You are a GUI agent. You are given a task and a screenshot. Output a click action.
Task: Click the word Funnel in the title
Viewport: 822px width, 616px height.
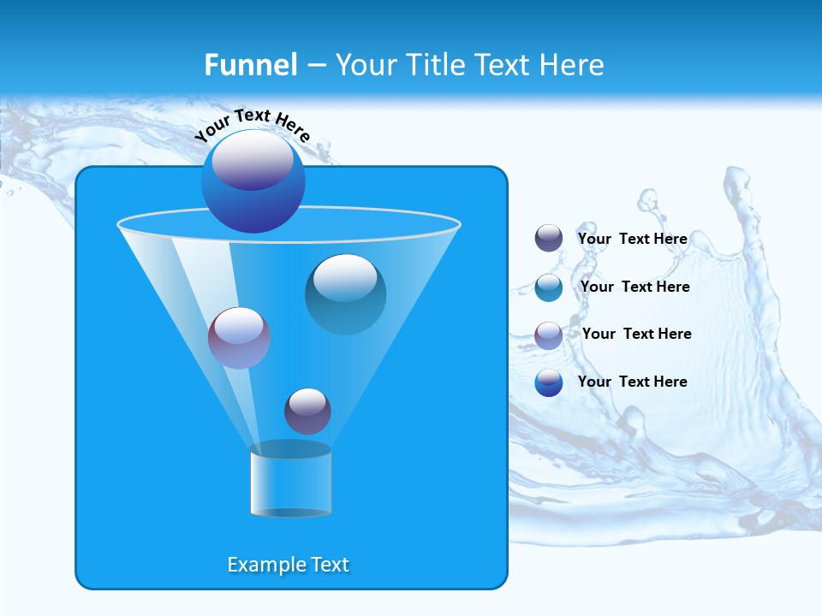[x=250, y=65]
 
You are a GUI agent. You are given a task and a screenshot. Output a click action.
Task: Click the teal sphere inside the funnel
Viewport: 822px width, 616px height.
[x=345, y=294]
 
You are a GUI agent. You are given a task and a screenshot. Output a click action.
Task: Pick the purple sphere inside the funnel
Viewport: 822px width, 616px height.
[x=239, y=338]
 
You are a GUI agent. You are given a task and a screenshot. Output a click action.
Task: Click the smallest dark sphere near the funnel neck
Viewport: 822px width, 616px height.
[x=307, y=411]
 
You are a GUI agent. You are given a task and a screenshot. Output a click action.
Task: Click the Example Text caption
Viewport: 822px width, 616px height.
[x=288, y=565]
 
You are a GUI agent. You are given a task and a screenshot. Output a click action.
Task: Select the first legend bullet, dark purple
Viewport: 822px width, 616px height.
[x=549, y=238]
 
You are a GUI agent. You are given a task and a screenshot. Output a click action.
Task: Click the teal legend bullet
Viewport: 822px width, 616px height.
[x=549, y=287]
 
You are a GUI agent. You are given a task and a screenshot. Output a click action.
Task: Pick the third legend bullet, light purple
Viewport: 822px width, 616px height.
[x=549, y=335]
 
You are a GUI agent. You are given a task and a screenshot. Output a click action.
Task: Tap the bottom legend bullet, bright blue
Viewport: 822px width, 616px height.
[x=549, y=382]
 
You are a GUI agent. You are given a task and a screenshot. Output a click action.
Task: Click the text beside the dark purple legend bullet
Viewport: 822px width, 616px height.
[x=632, y=239]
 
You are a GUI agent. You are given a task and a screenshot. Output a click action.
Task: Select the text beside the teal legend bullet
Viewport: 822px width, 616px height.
[x=634, y=287]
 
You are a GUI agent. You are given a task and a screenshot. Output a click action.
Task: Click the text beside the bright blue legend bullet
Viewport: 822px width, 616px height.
[x=632, y=382]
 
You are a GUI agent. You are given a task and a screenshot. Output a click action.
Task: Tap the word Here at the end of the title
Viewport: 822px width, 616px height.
[x=574, y=65]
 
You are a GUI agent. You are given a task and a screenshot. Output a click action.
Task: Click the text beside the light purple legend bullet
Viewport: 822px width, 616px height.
[x=636, y=334]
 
